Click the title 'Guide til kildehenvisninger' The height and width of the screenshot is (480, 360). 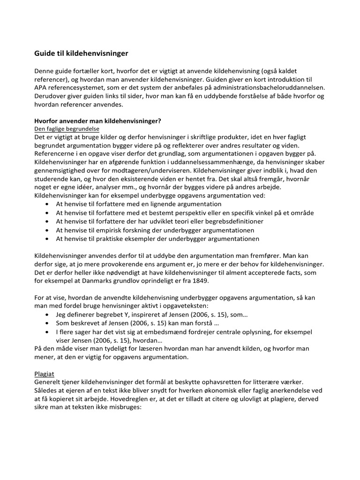click(81, 53)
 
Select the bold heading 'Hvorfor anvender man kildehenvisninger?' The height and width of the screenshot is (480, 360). click(98, 120)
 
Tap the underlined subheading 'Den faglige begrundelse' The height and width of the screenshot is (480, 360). click(67, 128)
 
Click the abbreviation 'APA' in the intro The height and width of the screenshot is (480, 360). click(42, 87)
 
